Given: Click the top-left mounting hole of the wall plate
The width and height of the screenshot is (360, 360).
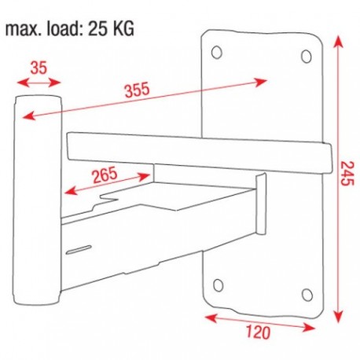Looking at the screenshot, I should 218,52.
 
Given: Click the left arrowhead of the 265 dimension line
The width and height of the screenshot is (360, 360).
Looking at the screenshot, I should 68,192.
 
